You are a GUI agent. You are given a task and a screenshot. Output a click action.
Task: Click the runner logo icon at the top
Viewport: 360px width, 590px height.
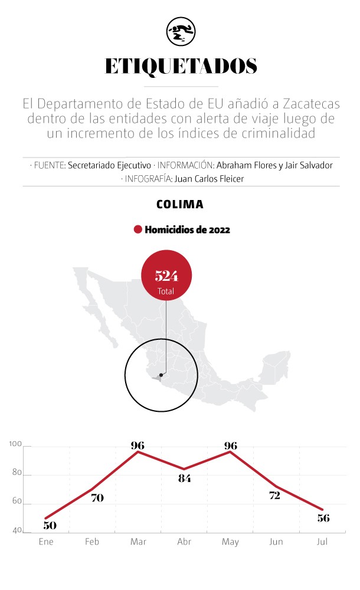click(x=181, y=31)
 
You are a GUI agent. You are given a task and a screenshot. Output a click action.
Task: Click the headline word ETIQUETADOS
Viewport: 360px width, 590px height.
click(x=181, y=67)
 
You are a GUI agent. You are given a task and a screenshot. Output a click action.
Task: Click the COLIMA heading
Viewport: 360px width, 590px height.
click(x=180, y=205)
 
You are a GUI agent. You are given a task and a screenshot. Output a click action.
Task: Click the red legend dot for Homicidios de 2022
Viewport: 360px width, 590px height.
click(x=138, y=230)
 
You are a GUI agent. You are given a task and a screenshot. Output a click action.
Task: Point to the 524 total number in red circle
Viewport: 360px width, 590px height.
click(x=166, y=276)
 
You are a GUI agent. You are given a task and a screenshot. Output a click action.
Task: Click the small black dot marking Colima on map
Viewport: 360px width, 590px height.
click(x=161, y=374)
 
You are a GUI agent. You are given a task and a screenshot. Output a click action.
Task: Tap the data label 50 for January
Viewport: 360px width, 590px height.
click(x=50, y=525)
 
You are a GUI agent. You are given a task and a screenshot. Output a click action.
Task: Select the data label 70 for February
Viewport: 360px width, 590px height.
click(x=97, y=498)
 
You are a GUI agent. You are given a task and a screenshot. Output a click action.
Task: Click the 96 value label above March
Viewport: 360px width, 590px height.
click(x=138, y=445)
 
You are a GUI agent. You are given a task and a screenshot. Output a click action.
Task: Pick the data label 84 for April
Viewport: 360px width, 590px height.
click(x=184, y=478)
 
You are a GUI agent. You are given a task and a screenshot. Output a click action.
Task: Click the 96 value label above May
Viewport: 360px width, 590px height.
click(x=231, y=445)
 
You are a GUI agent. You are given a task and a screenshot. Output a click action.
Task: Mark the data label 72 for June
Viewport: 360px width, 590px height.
click(x=274, y=496)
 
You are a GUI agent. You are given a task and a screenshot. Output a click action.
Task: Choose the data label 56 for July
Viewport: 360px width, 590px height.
click(x=322, y=518)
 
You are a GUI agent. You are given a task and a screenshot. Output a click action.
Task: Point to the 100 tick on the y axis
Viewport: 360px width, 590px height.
click(x=15, y=445)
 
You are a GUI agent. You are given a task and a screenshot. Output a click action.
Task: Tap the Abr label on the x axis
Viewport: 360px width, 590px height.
click(x=184, y=542)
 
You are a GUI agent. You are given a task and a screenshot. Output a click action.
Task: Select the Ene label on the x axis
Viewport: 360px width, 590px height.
click(x=46, y=542)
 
